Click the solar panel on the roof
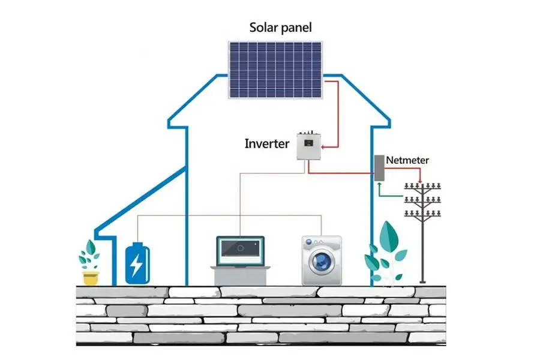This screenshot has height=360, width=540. [x=275, y=69]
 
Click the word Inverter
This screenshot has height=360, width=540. [x=267, y=144]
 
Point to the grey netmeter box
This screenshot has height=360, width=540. [x=379, y=169]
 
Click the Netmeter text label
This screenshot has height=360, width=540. [x=407, y=160]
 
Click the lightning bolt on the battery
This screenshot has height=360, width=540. [x=137, y=265]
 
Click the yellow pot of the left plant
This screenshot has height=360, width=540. [x=90, y=277]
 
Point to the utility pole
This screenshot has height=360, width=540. [x=424, y=234]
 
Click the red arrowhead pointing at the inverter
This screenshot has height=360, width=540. [x=325, y=145]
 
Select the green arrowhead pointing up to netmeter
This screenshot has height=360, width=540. [x=379, y=185]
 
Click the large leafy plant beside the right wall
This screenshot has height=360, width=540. [x=385, y=252]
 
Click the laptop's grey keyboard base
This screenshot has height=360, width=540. [x=240, y=275]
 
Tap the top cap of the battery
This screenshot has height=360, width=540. [x=137, y=244]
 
